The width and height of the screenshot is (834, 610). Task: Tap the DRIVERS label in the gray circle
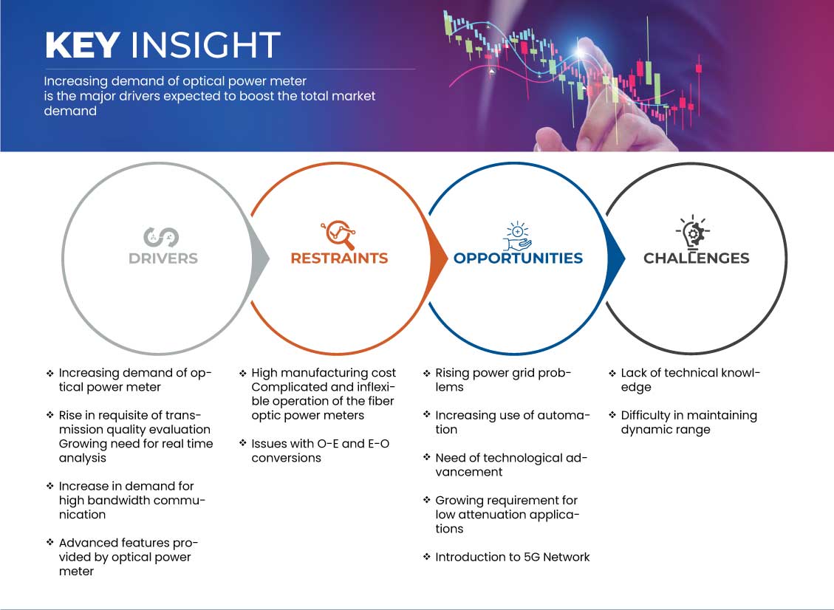coord(163,258)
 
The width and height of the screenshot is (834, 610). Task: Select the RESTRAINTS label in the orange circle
coord(339,258)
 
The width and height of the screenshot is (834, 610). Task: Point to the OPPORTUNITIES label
coord(518,258)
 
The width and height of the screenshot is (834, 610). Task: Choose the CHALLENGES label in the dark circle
coord(697,258)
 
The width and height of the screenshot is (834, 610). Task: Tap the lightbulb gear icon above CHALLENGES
coord(693,233)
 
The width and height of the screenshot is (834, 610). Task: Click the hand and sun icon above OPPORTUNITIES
coord(517,236)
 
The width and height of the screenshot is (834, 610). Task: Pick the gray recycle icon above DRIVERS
coord(161,237)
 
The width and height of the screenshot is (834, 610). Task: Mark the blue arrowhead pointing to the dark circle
coord(616,259)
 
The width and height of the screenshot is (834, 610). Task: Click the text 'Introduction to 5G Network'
coord(512,558)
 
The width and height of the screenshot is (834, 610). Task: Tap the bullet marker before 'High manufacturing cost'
coord(243,374)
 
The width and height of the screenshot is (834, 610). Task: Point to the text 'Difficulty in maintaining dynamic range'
coord(688,422)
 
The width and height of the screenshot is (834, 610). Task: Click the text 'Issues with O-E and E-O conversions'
coord(320,451)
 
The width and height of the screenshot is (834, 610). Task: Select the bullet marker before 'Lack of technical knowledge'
coord(612,374)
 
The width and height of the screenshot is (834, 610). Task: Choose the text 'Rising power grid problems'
coord(502,380)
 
